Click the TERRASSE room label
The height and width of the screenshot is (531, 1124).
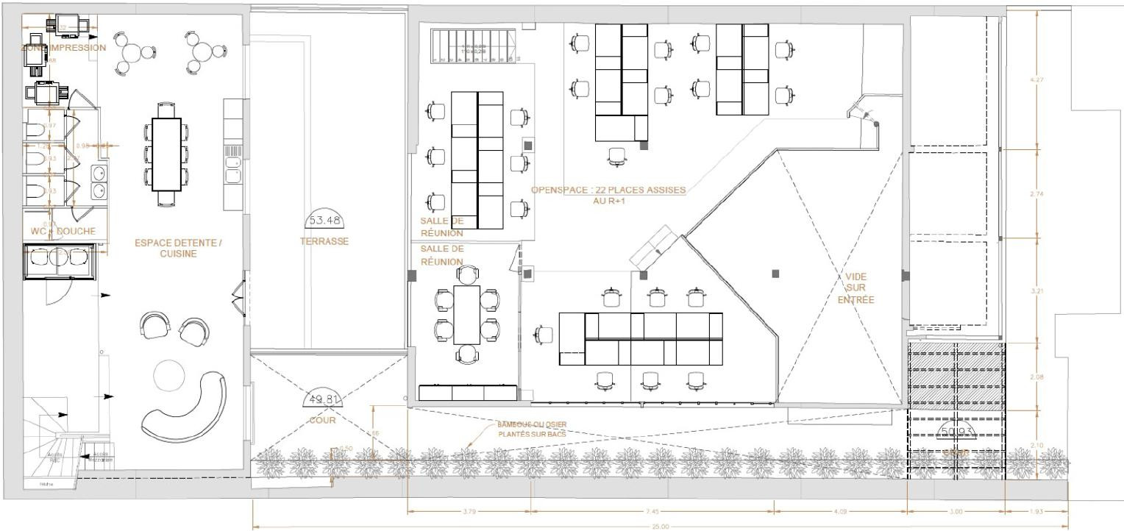324,241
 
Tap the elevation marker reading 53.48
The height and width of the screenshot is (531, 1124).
324,220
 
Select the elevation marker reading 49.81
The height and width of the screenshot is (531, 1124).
322,399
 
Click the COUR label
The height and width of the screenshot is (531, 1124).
322,421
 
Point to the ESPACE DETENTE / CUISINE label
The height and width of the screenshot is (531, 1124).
178,247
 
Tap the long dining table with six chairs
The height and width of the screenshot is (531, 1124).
166,154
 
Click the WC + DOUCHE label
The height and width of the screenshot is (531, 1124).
64,231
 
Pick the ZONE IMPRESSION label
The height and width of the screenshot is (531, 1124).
63,48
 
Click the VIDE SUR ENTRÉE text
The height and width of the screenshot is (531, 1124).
856,288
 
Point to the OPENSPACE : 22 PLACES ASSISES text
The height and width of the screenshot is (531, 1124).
608,190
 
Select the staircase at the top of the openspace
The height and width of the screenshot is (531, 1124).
470,46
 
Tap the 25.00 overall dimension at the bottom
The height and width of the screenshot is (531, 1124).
660,526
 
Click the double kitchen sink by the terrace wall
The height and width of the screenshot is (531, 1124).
233,168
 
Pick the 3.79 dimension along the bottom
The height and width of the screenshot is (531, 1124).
469,510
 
